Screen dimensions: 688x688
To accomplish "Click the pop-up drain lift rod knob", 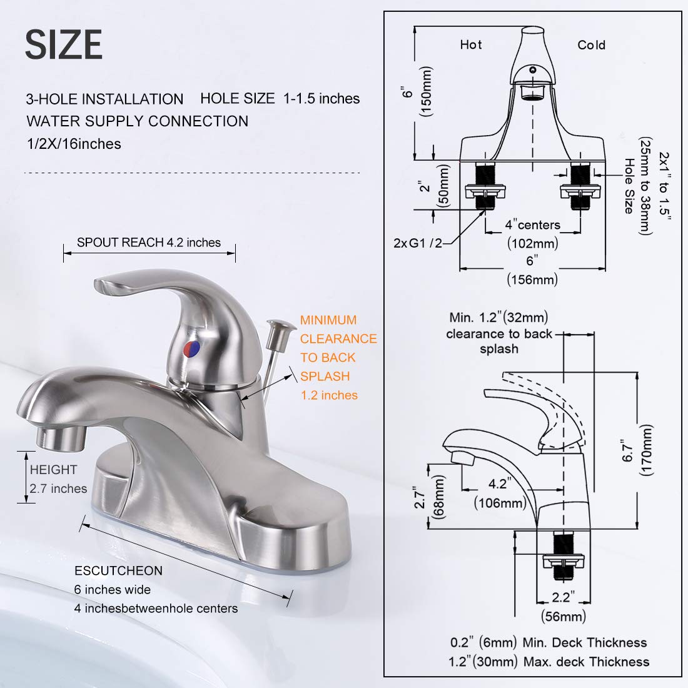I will coord(276,325).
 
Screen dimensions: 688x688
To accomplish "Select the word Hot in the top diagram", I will coord(471,45).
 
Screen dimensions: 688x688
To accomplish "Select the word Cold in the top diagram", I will coord(591,45).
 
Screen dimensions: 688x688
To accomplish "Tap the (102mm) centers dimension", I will coord(532,243).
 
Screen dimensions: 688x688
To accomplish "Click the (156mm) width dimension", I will coord(532,280).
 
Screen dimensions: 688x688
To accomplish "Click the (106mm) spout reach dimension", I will coord(500,502).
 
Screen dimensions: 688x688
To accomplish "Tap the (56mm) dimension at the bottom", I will coord(563,617).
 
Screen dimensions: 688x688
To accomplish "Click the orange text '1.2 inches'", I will coord(329,395).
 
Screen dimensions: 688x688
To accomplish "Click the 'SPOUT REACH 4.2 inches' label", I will coord(149,243).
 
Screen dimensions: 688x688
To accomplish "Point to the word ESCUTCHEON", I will coord(118,570).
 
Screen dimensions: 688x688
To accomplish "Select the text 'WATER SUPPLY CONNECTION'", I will coord(137,121).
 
